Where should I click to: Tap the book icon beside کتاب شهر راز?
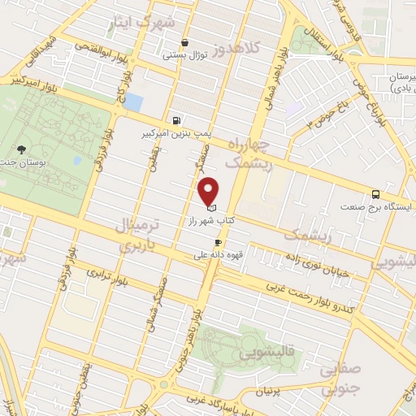click(x=212, y=210)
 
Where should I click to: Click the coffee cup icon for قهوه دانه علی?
click(x=218, y=243)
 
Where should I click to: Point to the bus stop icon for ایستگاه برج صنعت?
click(x=375, y=194)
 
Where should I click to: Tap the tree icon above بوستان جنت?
click(x=21, y=149)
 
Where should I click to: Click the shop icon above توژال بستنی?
click(x=186, y=42)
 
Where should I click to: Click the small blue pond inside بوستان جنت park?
click(x=77, y=160)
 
